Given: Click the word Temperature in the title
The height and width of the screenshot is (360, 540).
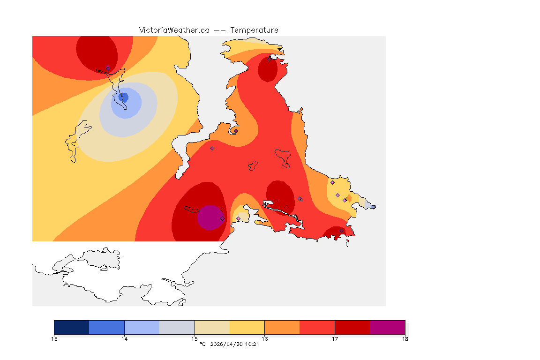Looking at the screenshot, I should click(x=254, y=30).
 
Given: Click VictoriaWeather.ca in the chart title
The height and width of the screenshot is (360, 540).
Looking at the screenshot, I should click(x=174, y=30).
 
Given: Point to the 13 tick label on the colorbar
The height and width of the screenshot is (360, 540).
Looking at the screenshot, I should click(x=54, y=338).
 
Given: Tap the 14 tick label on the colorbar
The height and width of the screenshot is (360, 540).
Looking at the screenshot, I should click(x=124, y=338).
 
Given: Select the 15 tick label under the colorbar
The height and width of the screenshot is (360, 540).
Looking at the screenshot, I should click(x=195, y=338).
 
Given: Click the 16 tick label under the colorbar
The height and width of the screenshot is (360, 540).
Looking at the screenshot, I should click(x=264, y=338).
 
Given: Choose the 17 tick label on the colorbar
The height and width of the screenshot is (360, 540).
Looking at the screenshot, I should click(x=335, y=338).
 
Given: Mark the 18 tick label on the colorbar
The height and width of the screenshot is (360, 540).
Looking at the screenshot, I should click(x=405, y=338).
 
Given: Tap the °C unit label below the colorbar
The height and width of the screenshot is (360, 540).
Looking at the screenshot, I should click(x=202, y=345).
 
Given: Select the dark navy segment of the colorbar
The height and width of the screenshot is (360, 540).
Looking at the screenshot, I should click(x=72, y=327).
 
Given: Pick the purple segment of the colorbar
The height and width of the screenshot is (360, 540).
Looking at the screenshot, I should click(x=387, y=327).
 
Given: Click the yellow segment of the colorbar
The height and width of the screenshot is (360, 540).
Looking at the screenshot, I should click(x=247, y=327).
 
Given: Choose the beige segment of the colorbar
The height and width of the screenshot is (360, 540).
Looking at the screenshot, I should click(x=212, y=327).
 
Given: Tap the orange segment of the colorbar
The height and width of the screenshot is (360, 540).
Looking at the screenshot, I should click(x=282, y=327).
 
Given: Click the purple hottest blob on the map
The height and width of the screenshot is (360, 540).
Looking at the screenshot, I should click(x=210, y=218).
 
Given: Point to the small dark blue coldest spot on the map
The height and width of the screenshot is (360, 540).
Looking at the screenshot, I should click(x=124, y=97).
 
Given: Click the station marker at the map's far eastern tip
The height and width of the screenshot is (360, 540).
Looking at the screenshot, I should click(x=374, y=207).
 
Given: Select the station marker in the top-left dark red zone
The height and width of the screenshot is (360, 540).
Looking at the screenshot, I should click(x=108, y=68).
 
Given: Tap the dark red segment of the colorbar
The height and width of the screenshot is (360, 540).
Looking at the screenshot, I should click(x=352, y=327).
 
